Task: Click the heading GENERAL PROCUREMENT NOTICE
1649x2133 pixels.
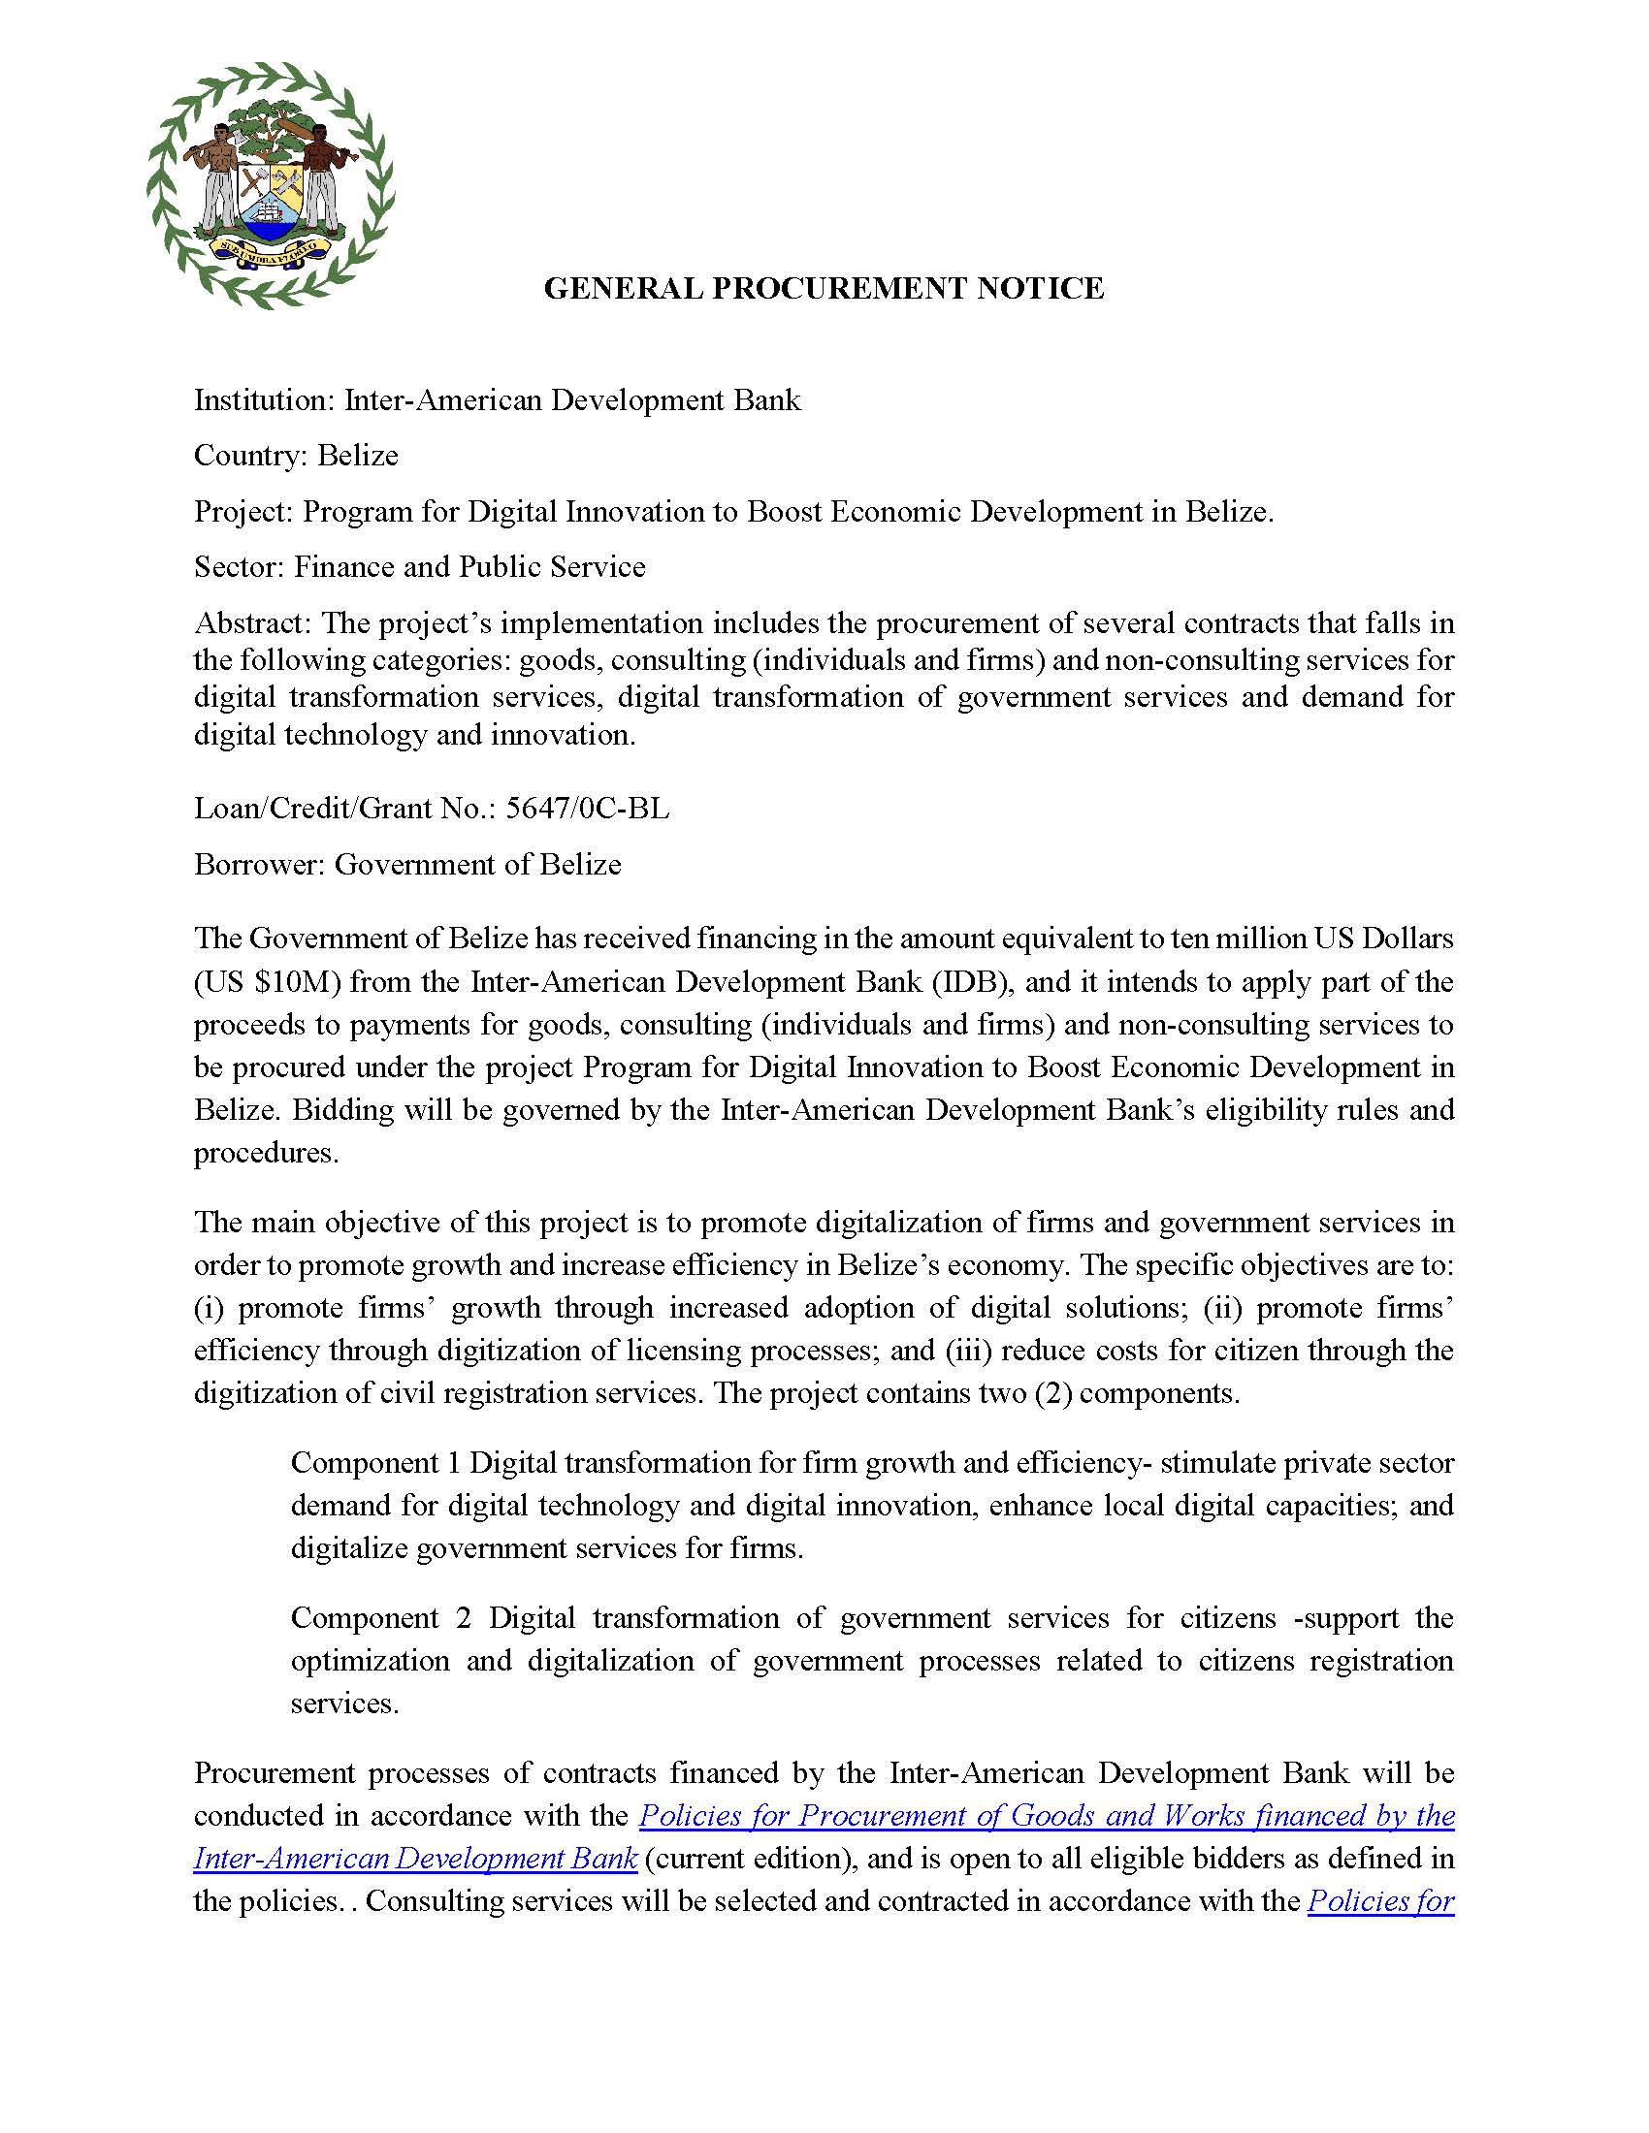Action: click(x=824, y=288)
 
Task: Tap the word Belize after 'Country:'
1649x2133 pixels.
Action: click(x=358, y=456)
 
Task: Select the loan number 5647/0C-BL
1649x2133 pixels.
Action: click(x=587, y=809)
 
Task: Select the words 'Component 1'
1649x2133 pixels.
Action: click(x=375, y=1463)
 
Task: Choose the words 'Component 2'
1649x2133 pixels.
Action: click(x=381, y=1618)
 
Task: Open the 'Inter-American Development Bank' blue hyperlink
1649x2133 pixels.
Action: click(x=415, y=1859)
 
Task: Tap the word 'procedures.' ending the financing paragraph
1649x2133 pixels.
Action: click(x=266, y=1154)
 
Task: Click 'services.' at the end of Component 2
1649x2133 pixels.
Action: click(x=344, y=1704)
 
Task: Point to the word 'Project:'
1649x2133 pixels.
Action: click(x=243, y=512)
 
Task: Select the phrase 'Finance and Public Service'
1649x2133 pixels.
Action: click(x=469, y=567)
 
